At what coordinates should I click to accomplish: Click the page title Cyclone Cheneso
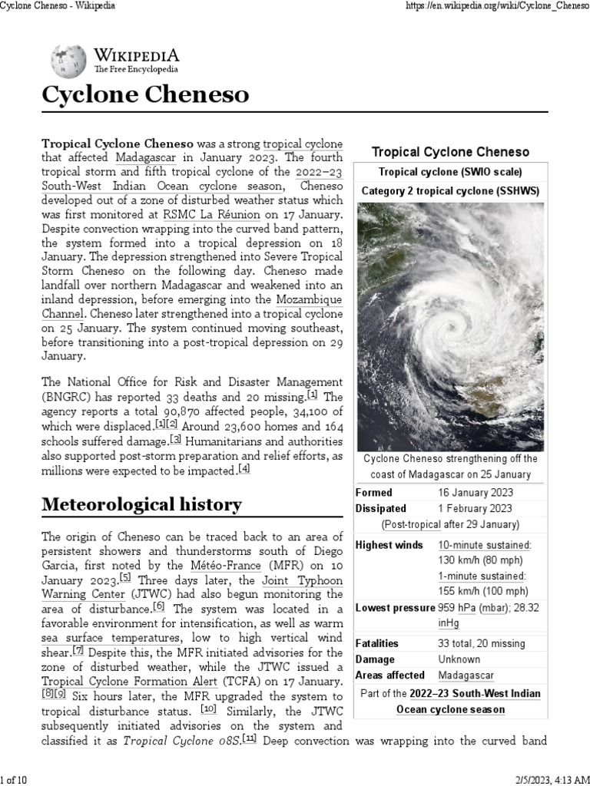coord(145,94)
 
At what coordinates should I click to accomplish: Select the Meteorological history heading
coord(141,504)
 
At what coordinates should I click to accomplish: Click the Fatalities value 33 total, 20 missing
coord(482,643)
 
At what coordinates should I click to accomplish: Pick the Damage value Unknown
coord(459,659)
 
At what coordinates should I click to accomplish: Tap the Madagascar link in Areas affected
coord(466,675)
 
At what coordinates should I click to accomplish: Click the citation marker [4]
coord(244,468)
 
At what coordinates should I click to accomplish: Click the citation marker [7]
coord(78,651)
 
